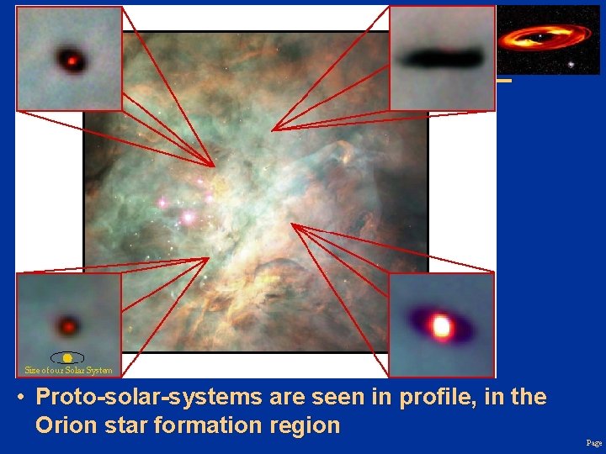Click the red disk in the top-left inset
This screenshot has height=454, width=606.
click(x=70, y=60)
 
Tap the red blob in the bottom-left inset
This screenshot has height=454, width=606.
click(x=68, y=325)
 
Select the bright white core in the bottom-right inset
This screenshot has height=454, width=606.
click(x=439, y=325)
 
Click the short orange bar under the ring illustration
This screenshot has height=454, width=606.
click(x=503, y=81)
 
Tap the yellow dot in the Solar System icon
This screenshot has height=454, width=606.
click(x=67, y=358)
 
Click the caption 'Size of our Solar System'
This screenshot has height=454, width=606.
click(x=68, y=370)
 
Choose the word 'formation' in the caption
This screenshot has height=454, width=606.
click(x=215, y=425)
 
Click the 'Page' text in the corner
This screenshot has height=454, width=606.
click(x=594, y=443)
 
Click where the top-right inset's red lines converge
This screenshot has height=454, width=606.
click(x=273, y=130)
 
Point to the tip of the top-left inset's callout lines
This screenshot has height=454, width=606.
click(x=214, y=166)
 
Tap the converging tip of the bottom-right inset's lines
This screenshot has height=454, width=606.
click(x=291, y=224)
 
